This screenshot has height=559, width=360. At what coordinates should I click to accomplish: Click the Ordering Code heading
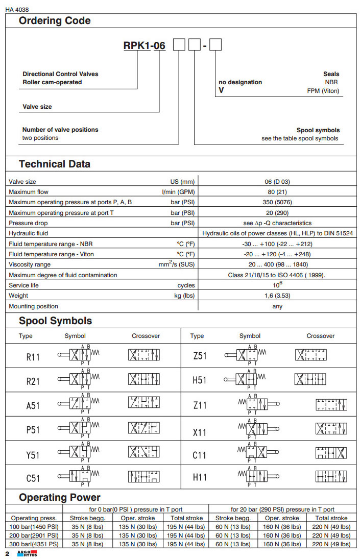(55, 21)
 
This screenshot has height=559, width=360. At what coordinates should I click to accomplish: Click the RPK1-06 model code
(145, 46)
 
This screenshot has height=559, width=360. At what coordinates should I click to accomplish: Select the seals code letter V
(222, 91)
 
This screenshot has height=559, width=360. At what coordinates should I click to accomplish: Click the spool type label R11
(33, 357)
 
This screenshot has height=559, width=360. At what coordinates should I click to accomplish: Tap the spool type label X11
(200, 432)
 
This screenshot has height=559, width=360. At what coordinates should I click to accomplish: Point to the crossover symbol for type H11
(331, 477)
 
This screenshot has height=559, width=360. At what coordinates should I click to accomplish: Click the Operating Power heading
(60, 497)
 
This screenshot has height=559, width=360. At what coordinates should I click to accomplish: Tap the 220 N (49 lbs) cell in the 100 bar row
(330, 527)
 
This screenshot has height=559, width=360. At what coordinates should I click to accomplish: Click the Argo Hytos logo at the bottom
(27, 554)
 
